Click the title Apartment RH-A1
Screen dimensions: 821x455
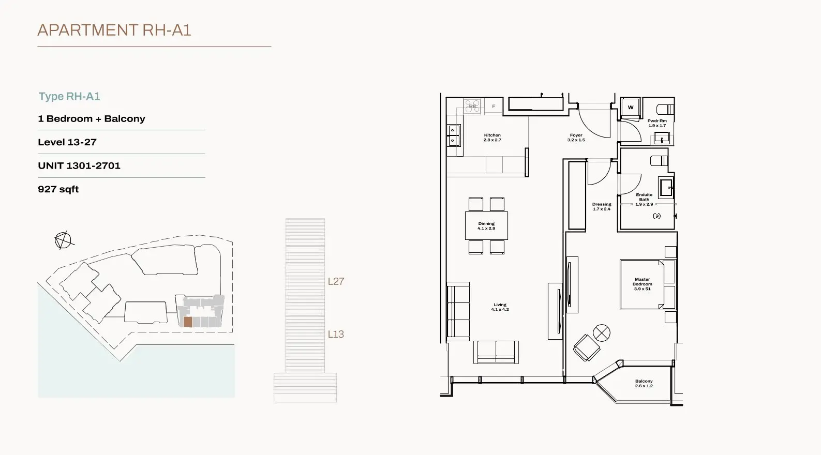click(114, 30)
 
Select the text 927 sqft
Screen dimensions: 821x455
click(58, 189)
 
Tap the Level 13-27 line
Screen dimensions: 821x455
click(67, 142)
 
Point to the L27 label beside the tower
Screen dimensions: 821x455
click(336, 281)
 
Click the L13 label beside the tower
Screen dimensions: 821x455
click(336, 334)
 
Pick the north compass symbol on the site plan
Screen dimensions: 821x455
click(64, 240)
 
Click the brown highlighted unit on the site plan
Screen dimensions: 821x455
click(188, 322)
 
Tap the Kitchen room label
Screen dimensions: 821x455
click(492, 138)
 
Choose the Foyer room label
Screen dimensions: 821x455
click(576, 138)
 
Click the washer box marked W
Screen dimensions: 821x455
click(631, 108)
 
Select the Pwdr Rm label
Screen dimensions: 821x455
click(657, 123)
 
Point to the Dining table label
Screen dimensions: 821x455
click(486, 225)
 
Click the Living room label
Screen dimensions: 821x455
click(500, 307)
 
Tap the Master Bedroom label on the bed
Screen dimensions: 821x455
click(643, 284)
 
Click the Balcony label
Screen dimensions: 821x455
click(644, 384)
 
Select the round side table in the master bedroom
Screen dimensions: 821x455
click(602, 333)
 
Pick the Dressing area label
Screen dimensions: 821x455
click(602, 207)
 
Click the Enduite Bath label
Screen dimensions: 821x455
click(644, 200)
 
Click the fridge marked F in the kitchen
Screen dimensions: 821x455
click(494, 106)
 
